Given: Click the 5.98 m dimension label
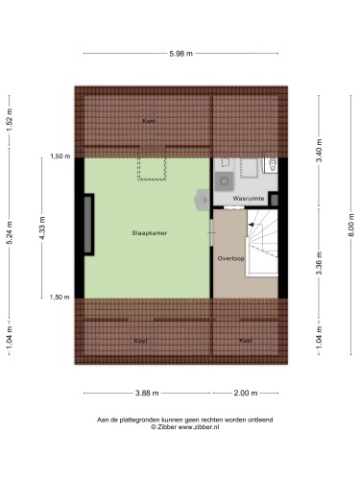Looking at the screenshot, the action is point(180,54).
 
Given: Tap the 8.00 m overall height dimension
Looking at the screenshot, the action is point(350,225).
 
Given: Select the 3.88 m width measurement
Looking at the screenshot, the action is point(147,393).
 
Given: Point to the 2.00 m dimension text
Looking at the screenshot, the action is point(246,393).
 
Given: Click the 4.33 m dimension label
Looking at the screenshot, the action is point(42,228).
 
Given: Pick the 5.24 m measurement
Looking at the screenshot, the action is point(10,232).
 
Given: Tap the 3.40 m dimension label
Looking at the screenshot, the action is point(319,151).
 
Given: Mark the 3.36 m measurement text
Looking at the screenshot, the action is point(319,263).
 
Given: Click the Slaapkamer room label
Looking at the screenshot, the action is point(150,233).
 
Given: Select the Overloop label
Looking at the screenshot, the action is point(231,258).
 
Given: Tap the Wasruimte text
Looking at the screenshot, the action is point(249,199).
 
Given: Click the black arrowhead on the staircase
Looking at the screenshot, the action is point(252,225).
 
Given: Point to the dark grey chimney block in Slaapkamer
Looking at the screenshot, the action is point(88,225).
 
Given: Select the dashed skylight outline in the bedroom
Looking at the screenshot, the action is point(152,169).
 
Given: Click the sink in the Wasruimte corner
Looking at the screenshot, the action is point(272,165).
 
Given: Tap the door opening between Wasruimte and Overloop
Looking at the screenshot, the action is point(235,208).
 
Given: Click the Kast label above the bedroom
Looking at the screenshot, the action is point(149,121).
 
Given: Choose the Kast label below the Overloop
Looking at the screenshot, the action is point(246,341).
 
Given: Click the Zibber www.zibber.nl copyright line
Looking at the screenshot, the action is point(185,427).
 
